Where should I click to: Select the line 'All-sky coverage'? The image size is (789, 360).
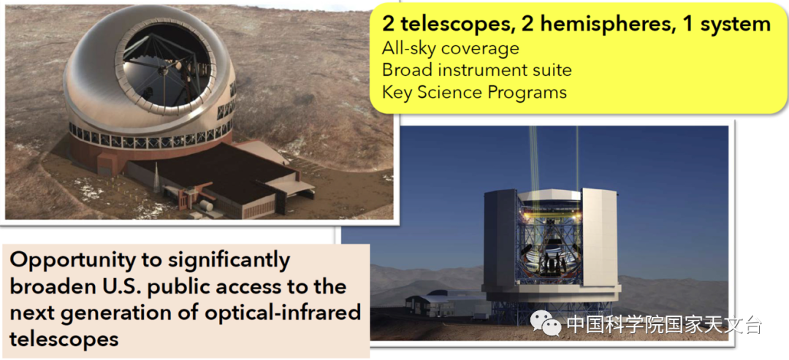tap(450, 48)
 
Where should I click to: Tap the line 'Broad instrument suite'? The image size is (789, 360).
tap(477, 70)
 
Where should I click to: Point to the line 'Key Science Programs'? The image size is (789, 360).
tap(475, 92)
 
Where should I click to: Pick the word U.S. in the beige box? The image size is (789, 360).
tap(117, 286)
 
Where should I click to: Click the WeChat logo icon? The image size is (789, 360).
tap(546, 324)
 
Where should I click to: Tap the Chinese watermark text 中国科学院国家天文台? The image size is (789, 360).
tap(664, 325)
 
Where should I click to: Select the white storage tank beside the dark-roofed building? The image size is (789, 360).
tap(206, 206)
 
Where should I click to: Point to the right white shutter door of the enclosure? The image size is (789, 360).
tap(599, 237)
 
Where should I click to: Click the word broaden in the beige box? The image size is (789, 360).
tap(50, 286)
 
